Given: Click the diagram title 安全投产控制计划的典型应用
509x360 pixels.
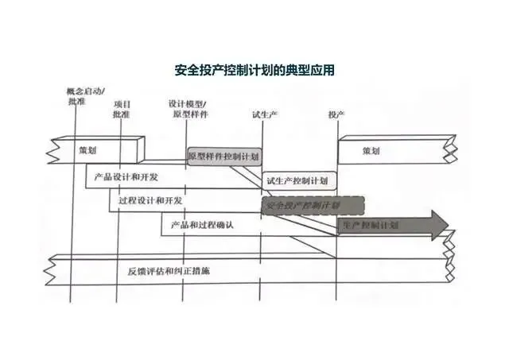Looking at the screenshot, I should pyautogui.click(x=254, y=71).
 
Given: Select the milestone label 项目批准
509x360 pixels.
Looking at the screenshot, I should pyautogui.click(x=122, y=109).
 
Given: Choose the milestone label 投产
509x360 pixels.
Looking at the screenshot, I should pyautogui.click(x=336, y=114).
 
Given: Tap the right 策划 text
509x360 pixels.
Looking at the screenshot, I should pyautogui.click(x=371, y=150).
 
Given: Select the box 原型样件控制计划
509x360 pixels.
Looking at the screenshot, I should pyautogui.click(x=223, y=157).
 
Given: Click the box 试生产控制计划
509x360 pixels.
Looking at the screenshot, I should pyautogui.click(x=299, y=180).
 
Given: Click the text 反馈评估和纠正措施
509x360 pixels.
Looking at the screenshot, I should pyautogui.click(x=174, y=271).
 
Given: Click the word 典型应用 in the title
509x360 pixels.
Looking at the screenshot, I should pyautogui.click(x=313, y=71).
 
